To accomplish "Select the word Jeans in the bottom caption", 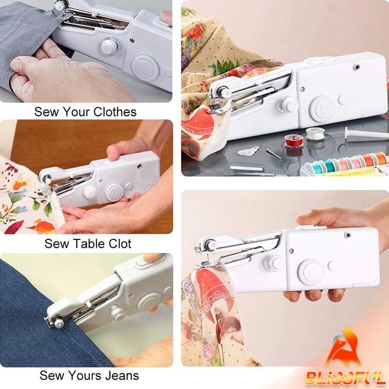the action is point(122,375).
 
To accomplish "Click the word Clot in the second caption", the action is point(118,243).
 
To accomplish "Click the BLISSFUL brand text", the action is point(345,378).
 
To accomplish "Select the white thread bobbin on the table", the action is point(315,134).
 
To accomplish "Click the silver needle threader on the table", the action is point(249,151).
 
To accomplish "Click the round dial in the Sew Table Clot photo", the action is point(114,192).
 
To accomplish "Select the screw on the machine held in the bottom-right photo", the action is point(348,235).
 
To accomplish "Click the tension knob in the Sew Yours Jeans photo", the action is point(117,313).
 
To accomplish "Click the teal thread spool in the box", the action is point(330,164).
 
